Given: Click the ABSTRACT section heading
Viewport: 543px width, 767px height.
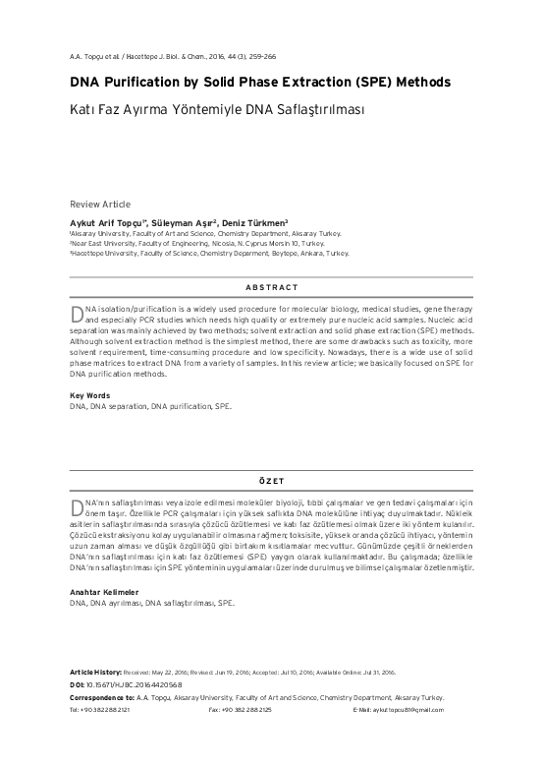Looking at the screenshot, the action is pos(271,286).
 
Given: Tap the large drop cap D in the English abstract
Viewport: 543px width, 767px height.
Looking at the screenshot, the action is pos(78,312).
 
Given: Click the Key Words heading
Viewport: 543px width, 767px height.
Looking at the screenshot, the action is pos(89,395).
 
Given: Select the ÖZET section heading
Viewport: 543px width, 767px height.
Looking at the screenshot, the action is pos(271,481).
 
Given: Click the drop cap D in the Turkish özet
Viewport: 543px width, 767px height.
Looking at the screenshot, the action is pos(78,506).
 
